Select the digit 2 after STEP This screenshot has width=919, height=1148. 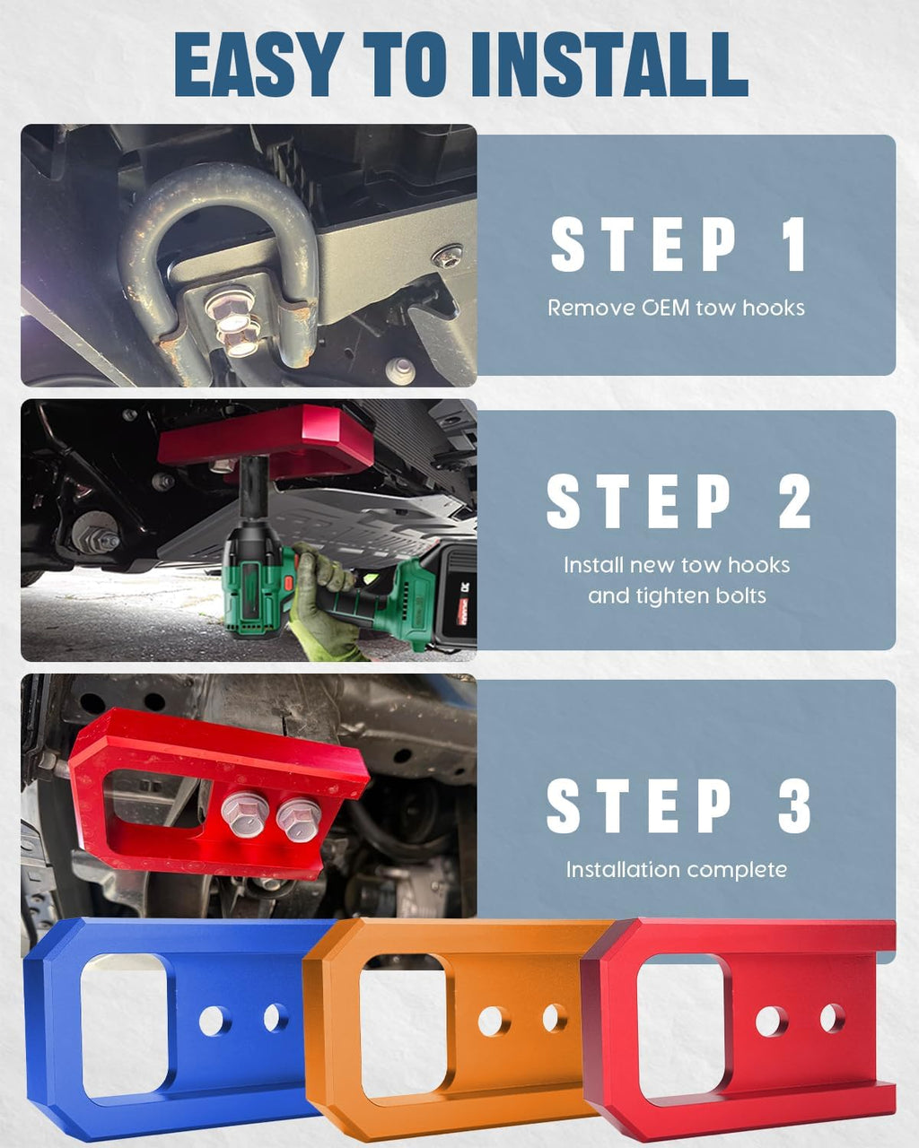[794, 501]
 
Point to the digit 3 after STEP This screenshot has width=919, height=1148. [794, 805]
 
